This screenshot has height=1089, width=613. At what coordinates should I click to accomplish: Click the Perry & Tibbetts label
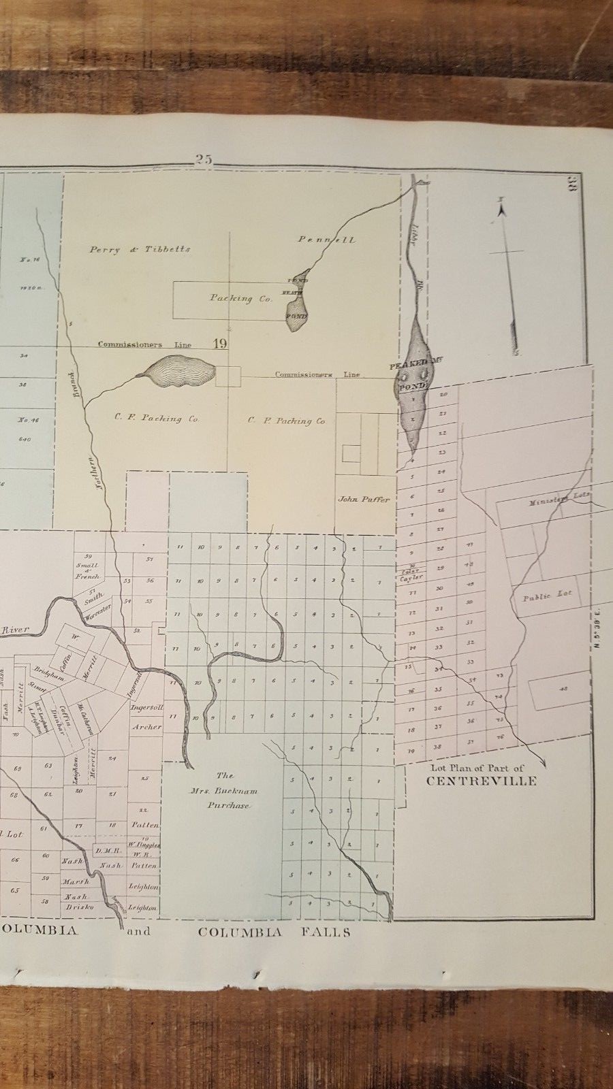[140, 250]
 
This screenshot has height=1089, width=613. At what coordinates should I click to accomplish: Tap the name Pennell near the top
[326, 240]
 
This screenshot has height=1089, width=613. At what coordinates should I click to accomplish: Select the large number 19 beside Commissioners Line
[220, 344]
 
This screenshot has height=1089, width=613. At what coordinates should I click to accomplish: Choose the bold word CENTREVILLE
[481, 781]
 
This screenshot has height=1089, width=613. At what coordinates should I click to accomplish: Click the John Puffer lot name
[364, 500]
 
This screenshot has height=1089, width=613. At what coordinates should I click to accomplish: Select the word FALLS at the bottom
[328, 932]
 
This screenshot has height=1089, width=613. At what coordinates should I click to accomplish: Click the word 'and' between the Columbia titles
[139, 931]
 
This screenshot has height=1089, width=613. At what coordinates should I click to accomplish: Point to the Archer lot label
[147, 727]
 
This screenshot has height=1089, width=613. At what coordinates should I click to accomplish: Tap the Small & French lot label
[87, 570]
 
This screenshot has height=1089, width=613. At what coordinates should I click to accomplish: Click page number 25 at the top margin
[204, 159]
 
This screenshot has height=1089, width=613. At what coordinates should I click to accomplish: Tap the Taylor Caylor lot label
[413, 574]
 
